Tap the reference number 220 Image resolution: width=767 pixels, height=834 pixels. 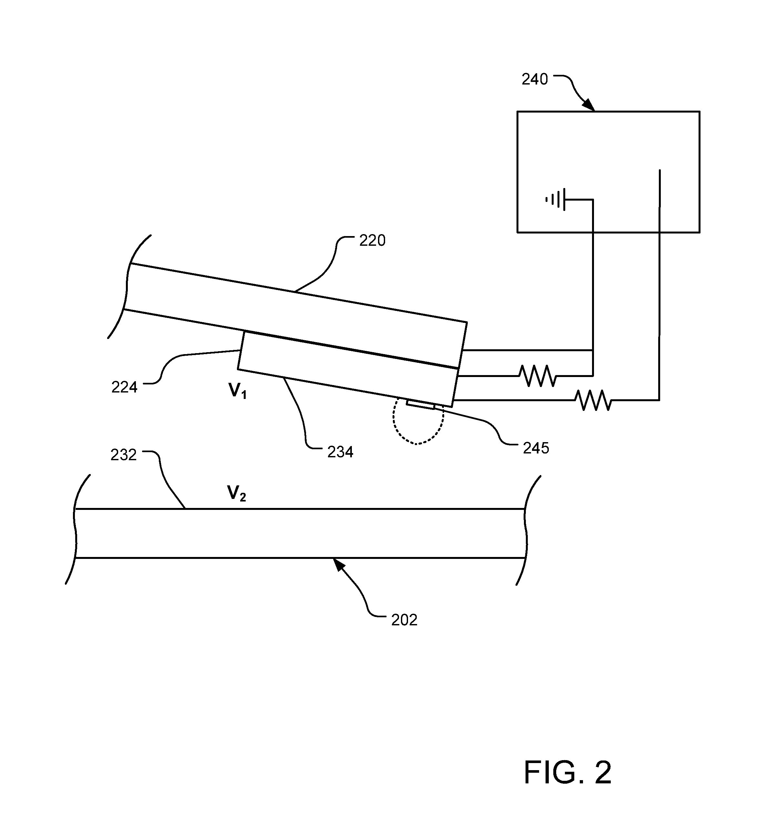(372, 241)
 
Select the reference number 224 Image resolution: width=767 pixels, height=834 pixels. (125, 387)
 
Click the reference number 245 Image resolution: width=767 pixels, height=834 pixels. (536, 448)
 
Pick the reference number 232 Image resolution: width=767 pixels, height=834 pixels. (124, 455)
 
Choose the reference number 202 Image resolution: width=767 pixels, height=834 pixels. (404, 620)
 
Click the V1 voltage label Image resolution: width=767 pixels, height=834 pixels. (238, 391)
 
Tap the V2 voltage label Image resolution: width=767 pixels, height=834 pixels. (237, 493)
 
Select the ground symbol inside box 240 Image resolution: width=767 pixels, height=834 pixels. (556, 200)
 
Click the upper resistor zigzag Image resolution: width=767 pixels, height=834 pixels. (538, 376)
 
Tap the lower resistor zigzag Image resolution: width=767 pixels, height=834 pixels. (593, 400)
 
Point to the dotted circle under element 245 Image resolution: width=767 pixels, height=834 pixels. (418, 421)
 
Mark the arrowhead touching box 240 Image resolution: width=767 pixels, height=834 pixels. (589, 106)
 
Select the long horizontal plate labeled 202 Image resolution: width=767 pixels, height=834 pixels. (301, 533)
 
